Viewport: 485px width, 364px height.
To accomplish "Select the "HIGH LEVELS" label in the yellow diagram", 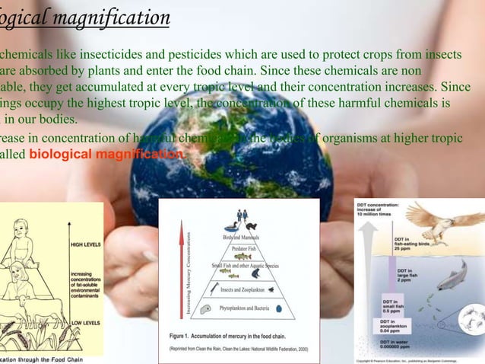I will tap(87, 246).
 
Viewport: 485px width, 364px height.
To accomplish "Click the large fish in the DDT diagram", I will tap(451, 275).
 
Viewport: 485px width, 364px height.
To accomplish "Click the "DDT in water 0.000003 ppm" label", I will tap(395, 348).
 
